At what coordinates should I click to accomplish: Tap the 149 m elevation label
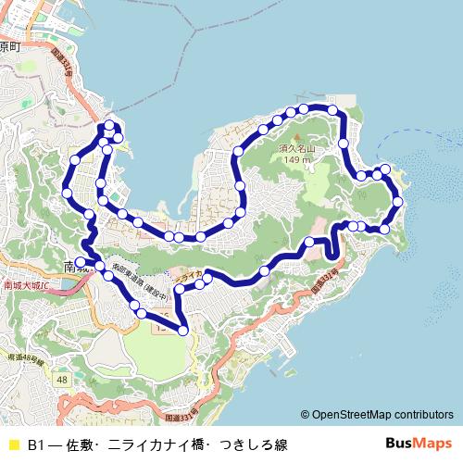297,159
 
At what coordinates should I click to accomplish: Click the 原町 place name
9,45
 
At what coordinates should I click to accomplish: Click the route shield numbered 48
61,380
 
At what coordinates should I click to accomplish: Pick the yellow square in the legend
13,445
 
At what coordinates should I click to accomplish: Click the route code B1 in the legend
36,445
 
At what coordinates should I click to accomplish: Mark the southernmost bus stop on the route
183,330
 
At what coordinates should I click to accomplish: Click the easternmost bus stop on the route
398,201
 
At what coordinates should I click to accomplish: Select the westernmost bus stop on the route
68,192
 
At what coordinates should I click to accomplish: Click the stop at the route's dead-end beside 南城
80,262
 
